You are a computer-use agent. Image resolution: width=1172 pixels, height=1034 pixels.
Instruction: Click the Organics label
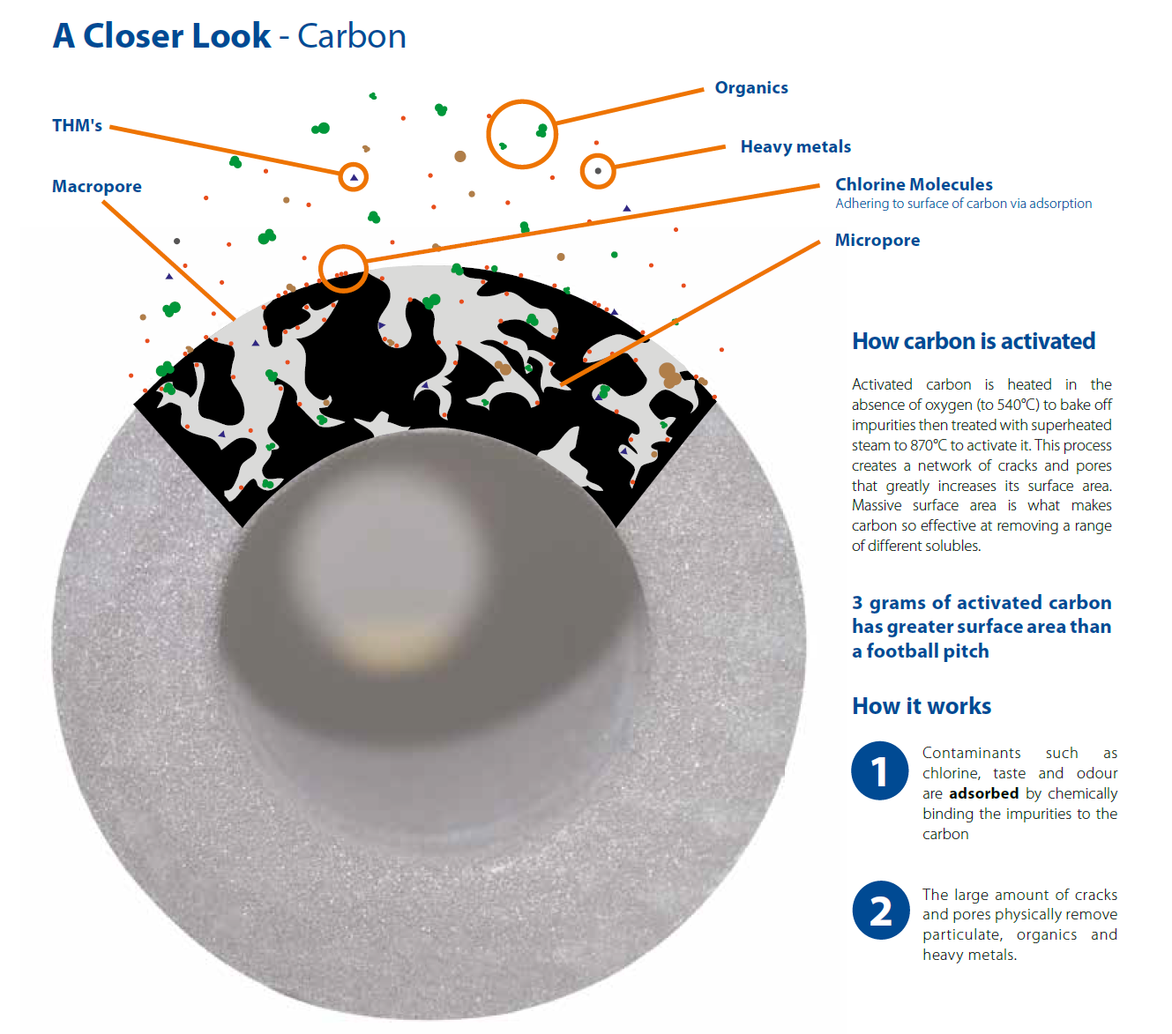pyautogui.click(x=750, y=88)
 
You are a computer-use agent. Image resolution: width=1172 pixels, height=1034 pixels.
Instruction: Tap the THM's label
pyautogui.click(x=77, y=125)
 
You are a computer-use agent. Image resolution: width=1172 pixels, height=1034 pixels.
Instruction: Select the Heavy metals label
pyautogui.click(x=795, y=147)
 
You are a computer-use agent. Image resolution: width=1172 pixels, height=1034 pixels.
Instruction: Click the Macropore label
pyautogui.click(x=97, y=186)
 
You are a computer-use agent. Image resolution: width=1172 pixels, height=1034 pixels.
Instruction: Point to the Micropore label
pyautogui.click(x=877, y=240)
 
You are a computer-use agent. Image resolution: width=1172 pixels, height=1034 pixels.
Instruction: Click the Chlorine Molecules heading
pyautogui.click(x=914, y=184)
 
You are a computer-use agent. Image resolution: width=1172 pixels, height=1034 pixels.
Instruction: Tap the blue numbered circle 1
pyautogui.click(x=879, y=770)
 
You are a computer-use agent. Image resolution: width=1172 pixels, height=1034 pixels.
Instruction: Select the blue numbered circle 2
pyautogui.click(x=880, y=910)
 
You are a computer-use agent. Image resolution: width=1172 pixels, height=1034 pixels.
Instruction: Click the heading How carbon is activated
pyautogui.click(x=974, y=341)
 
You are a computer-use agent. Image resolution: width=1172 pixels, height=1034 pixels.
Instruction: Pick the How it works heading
pyautogui.click(x=922, y=706)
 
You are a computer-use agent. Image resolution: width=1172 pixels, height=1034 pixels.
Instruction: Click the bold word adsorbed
pyautogui.click(x=983, y=792)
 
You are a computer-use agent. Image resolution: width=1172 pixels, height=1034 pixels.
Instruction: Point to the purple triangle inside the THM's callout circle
pyautogui.click(x=354, y=177)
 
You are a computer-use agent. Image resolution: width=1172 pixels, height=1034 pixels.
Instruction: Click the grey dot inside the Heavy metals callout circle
pyautogui.click(x=598, y=171)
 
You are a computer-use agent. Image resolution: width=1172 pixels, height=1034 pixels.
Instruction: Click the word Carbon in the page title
pyautogui.click(x=351, y=36)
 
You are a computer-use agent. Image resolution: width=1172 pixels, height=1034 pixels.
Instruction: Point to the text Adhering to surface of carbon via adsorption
pyautogui.click(x=963, y=204)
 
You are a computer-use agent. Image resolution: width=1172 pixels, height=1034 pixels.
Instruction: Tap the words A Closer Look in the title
pyautogui.click(x=161, y=36)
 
